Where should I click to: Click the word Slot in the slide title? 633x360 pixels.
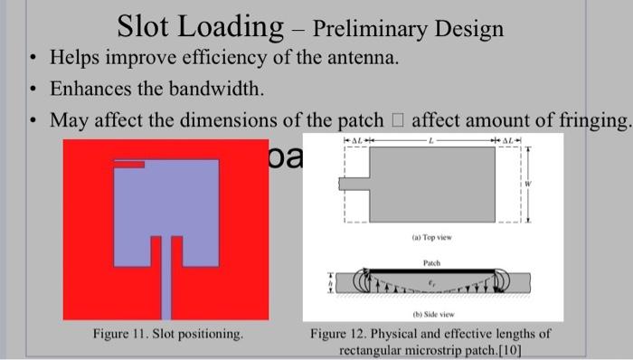(151, 27)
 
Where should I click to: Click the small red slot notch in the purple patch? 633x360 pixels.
(130, 165)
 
